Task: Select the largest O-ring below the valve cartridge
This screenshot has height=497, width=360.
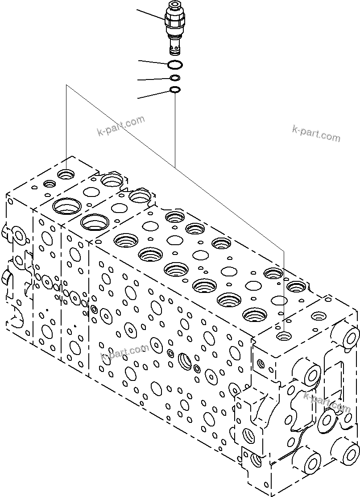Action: coord(174,65)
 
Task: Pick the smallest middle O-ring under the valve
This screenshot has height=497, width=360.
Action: coord(175,79)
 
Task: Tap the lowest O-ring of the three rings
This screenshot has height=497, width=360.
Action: coord(175,91)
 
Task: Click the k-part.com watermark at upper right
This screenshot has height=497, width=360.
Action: coord(316,133)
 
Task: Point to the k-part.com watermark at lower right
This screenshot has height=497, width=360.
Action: coord(327,401)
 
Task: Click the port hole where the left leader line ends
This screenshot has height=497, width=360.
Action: coord(67,173)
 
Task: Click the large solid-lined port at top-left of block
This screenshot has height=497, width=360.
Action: coord(66,206)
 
